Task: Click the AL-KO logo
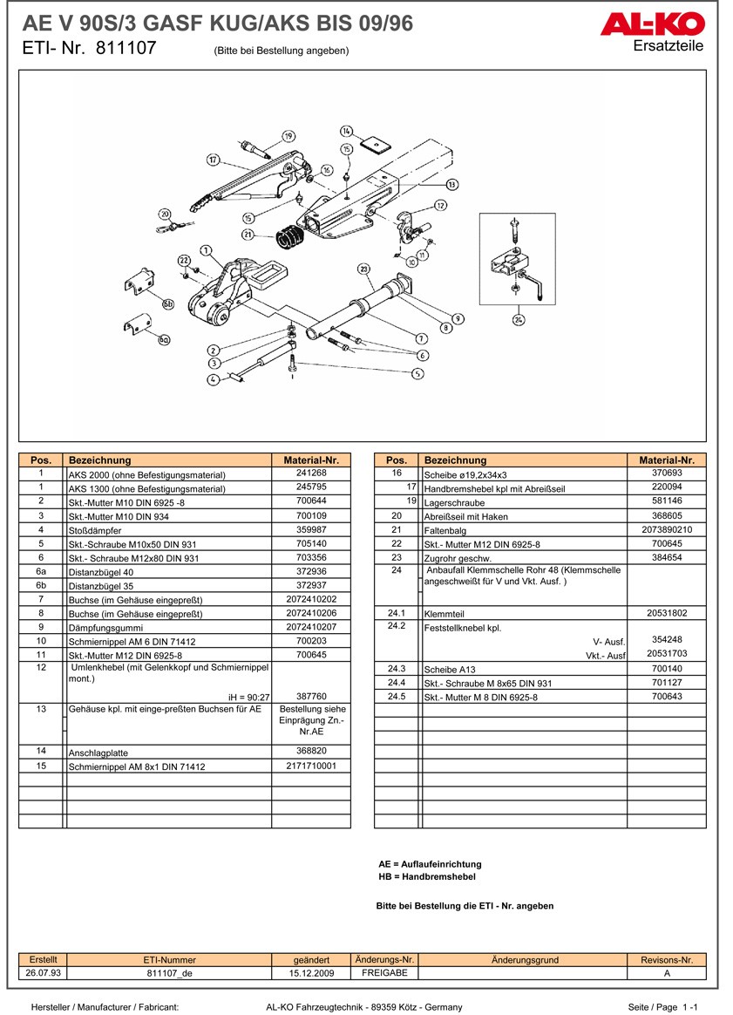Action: pyautogui.click(x=652, y=24)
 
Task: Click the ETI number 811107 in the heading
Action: pyautogui.click(x=126, y=48)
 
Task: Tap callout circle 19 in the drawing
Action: pyautogui.click(x=288, y=136)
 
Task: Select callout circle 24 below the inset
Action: pyautogui.click(x=519, y=319)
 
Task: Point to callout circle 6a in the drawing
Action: pyautogui.click(x=165, y=339)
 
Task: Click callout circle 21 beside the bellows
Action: pyautogui.click(x=248, y=235)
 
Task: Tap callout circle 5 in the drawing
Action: pyautogui.click(x=418, y=373)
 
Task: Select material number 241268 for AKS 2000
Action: pyautogui.click(x=311, y=473)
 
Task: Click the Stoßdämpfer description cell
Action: pyautogui.click(x=95, y=531)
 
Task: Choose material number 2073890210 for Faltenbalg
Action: pyautogui.click(x=667, y=529)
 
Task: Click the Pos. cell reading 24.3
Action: pyautogui.click(x=397, y=669)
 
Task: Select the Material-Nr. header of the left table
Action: pyautogui.click(x=311, y=460)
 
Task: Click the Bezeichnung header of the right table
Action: pyautogui.click(x=456, y=460)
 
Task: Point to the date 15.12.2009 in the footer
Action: pyautogui.click(x=311, y=973)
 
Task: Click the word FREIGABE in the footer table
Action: pyautogui.click(x=385, y=973)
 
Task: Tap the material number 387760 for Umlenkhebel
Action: pyautogui.click(x=311, y=697)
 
